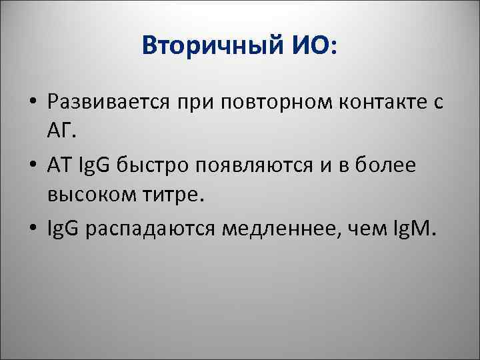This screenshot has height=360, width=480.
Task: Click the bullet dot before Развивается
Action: point(32,104)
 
